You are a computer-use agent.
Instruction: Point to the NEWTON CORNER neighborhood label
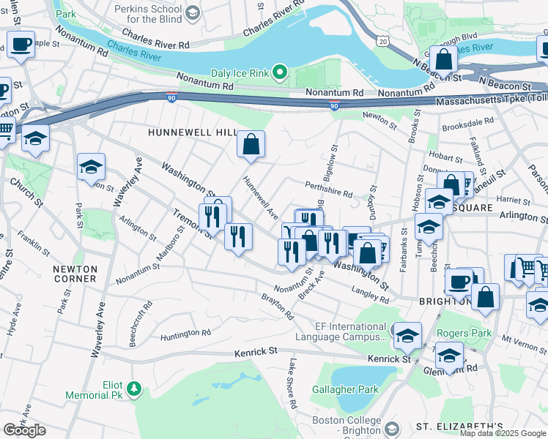pos(75,274)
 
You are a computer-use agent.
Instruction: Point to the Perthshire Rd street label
pos(329,190)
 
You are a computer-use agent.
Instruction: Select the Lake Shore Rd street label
pos(292,383)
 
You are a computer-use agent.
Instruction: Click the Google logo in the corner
pos(24,430)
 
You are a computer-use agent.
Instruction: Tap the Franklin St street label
pos(34,244)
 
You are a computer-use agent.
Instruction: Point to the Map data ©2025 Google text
pos(502,433)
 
